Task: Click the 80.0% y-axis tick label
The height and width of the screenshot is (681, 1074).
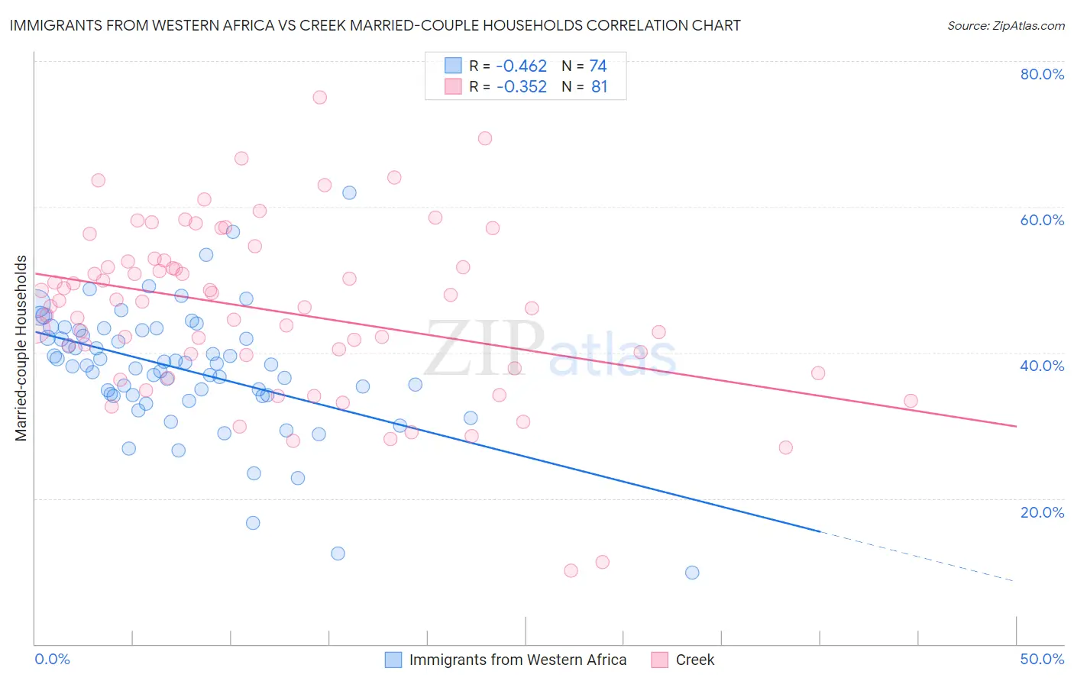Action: tap(1042, 74)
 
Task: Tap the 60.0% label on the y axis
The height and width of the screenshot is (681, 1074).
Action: tap(1042, 220)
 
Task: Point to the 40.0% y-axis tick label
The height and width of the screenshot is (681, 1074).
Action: tap(1042, 366)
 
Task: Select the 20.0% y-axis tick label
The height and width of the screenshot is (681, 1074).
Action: tap(1042, 512)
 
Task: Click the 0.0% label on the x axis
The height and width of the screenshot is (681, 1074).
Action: tap(52, 659)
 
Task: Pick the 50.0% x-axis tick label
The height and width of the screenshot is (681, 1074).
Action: tap(1042, 659)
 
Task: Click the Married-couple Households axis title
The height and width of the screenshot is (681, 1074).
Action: tap(21, 348)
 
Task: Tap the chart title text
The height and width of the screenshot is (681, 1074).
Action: tap(374, 25)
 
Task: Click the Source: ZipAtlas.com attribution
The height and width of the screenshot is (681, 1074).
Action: tap(1005, 25)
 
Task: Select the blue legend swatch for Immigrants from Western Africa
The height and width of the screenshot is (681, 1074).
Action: tap(393, 660)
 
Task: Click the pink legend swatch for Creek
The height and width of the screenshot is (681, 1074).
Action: tap(660, 660)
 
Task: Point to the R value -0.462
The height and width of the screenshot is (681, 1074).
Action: tap(522, 66)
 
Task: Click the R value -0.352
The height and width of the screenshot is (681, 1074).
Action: tap(522, 87)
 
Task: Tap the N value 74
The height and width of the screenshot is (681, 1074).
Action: tap(598, 66)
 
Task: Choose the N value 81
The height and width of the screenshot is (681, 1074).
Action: tap(599, 87)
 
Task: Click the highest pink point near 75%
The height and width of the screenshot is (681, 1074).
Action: tap(320, 97)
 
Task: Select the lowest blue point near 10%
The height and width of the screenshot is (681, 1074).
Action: tap(692, 573)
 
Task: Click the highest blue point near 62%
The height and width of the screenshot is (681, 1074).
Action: tap(349, 192)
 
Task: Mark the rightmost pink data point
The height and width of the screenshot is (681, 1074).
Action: tap(911, 401)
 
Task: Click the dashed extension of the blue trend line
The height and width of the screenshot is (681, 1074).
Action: tap(917, 556)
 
